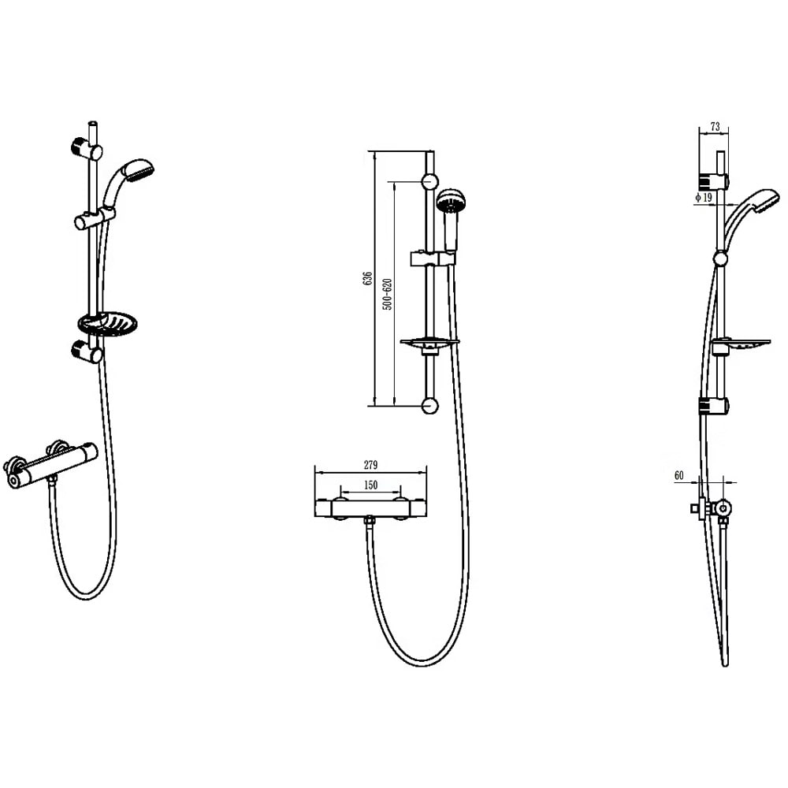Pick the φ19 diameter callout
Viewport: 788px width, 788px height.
click(x=704, y=198)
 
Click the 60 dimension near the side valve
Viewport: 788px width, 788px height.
click(x=678, y=474)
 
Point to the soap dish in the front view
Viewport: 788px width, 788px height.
click(x=429, y=343)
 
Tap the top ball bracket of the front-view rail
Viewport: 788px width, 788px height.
click(x=429, y=181)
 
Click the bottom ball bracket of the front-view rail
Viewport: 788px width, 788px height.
click(x=429, y=406)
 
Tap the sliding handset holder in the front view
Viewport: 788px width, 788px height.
click(x=431, y=258)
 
